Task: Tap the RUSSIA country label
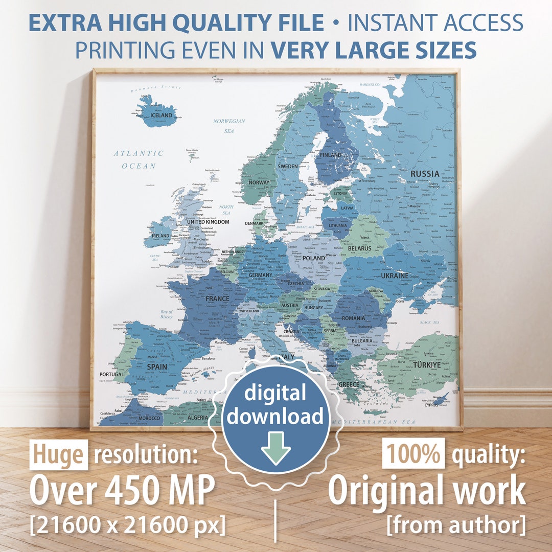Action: click(x=425, y=174)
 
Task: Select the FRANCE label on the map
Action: click(x=217, y=298)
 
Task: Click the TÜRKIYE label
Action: click(x=427, y=365)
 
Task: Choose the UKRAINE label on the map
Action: click(x=395, y=275)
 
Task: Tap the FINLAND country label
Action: click(x=331, y=155)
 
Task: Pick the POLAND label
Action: click(x=314, y=258)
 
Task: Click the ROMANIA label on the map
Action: click(x=354, y=318)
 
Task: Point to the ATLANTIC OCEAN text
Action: click(x=139, y=159)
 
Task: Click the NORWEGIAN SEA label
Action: click(x=229, y=126)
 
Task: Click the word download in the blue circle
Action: click(x=275, y=417)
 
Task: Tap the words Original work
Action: click(x=426, y=491)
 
